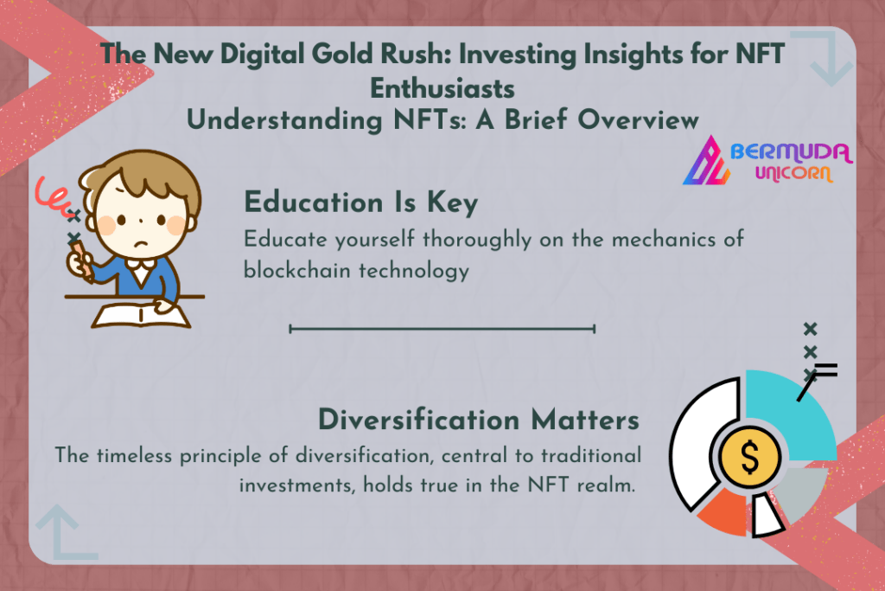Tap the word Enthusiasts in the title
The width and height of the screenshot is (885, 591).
(442, 89)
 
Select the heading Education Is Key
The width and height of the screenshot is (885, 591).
(361, 202)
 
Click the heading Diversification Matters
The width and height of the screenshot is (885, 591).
(479, 420)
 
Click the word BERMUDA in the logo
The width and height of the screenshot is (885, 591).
(792, 152)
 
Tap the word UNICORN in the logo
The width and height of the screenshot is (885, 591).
(794, 173)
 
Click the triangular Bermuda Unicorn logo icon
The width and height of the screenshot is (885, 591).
(705, 161)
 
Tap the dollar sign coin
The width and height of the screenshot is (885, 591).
(750, 457)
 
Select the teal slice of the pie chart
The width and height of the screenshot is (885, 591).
(790, 413)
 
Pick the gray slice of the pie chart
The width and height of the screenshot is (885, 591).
(800, 491)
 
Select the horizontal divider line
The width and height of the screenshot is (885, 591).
(442, 328)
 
